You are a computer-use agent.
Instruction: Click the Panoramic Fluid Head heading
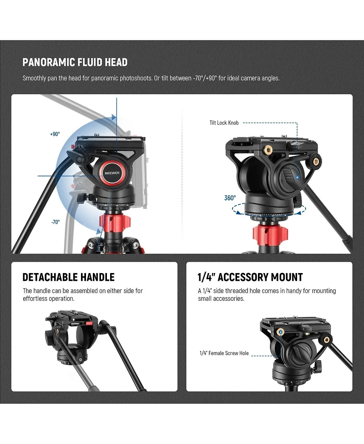[75, 62]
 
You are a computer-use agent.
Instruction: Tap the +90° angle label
[55, 134]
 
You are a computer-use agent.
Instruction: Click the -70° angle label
[56, 222]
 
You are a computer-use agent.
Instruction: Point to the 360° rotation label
[230, 198]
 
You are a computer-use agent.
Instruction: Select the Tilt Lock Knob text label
[224, 123]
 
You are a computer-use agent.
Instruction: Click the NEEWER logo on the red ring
[112, 173]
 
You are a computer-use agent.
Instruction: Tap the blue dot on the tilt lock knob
[298, 177]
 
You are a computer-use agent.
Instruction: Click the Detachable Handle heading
[69, 277]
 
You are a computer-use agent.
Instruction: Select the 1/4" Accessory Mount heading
[250, 277]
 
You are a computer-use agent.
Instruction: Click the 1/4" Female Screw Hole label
[224, 353]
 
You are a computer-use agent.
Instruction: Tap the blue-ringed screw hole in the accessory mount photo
[281, 332]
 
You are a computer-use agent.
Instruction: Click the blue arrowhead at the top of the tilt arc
[114, 117]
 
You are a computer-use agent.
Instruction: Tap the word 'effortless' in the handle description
[35, 299]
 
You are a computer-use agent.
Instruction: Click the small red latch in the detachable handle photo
[89, 324]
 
